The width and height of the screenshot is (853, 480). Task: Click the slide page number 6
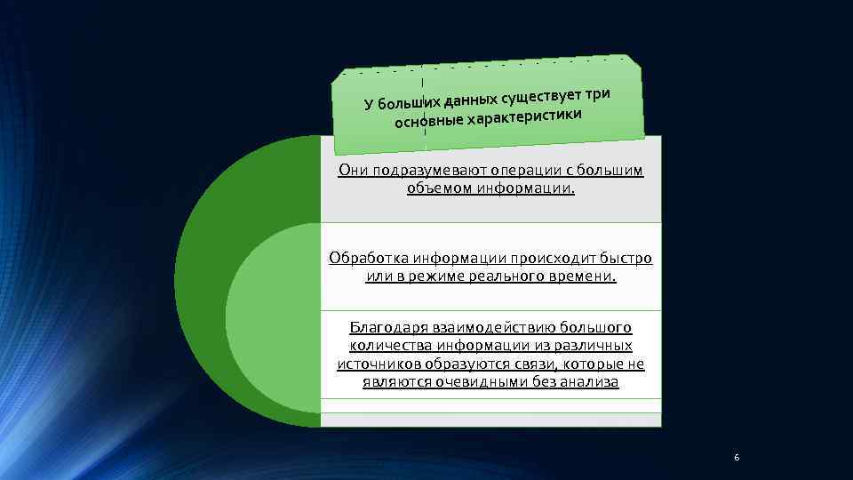click(736, 458)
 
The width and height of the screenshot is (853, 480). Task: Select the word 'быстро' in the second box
click(627, 258)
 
